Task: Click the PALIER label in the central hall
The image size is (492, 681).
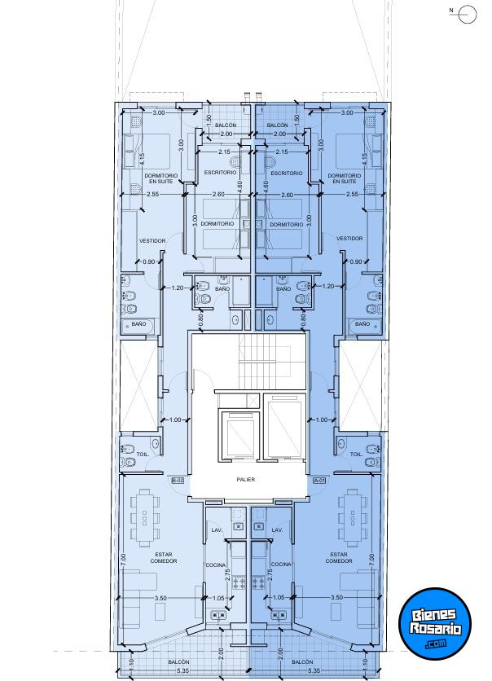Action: pos(246,480)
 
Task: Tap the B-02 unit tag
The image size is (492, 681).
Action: pos(178,481)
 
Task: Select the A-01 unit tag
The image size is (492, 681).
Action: pos(319,481)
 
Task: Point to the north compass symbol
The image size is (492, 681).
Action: pos(467,14)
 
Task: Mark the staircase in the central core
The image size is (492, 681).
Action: pos(265,362)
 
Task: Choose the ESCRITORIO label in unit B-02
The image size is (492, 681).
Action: pos(220,173)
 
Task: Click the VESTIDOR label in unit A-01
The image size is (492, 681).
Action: pos(349,239)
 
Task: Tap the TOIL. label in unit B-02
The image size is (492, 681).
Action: pos(143,455)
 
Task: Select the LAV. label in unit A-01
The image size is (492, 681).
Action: pos(277,530)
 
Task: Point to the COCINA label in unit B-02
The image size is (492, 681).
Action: pos(216,565)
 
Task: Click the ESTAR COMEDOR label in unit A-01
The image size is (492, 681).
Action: pos(339,558)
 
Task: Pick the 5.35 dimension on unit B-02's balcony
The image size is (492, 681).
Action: pos(183,671)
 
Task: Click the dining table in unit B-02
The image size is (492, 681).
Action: pos(145,518)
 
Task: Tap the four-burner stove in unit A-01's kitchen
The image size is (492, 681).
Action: pos(258,582)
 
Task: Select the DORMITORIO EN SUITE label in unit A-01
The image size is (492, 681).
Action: pos(345,178)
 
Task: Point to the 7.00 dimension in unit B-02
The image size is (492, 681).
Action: pos(124,560)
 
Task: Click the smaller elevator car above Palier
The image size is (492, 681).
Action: pos(240,433)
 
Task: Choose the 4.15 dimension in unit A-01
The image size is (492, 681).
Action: pos(364,159)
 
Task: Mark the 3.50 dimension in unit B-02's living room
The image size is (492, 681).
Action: pos(160,598)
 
